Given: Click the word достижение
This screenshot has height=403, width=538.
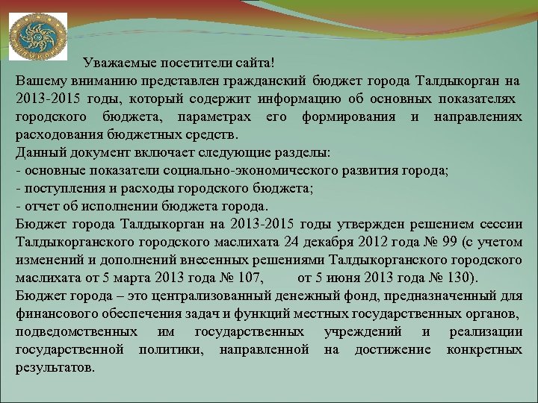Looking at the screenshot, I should [x=393, y=350].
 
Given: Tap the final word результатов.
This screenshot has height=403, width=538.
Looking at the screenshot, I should [x=55, y=368].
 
